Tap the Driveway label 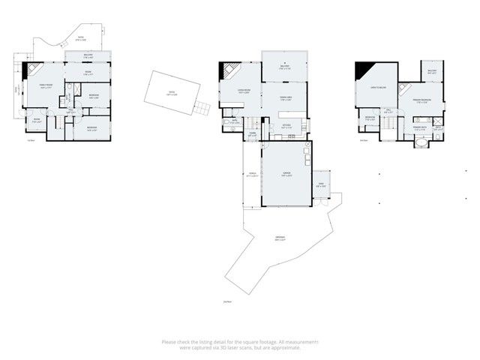(x=280, y=239)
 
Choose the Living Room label (x=233, y=91)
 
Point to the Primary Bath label (x=420, y=128)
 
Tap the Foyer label (x=253, y=135)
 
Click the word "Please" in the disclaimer (x=169, y=342)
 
